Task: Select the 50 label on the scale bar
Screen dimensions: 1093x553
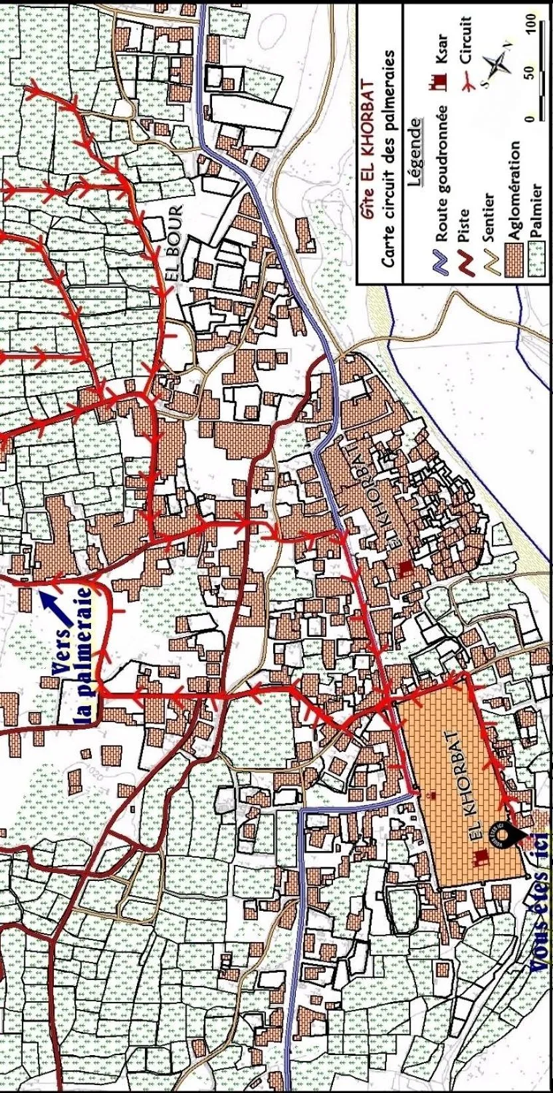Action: point(530,70)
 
